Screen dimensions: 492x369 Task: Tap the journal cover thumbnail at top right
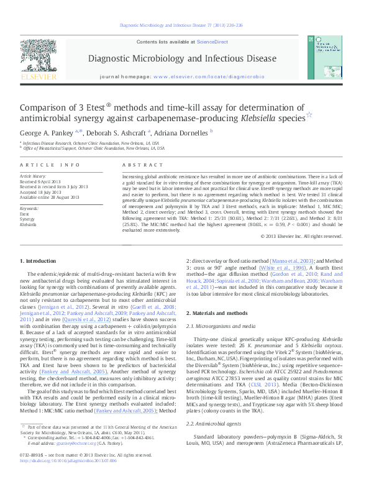point(327,57)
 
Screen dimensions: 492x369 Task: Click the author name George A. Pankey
point(46,132)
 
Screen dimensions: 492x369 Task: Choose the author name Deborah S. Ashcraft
point(116,132)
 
